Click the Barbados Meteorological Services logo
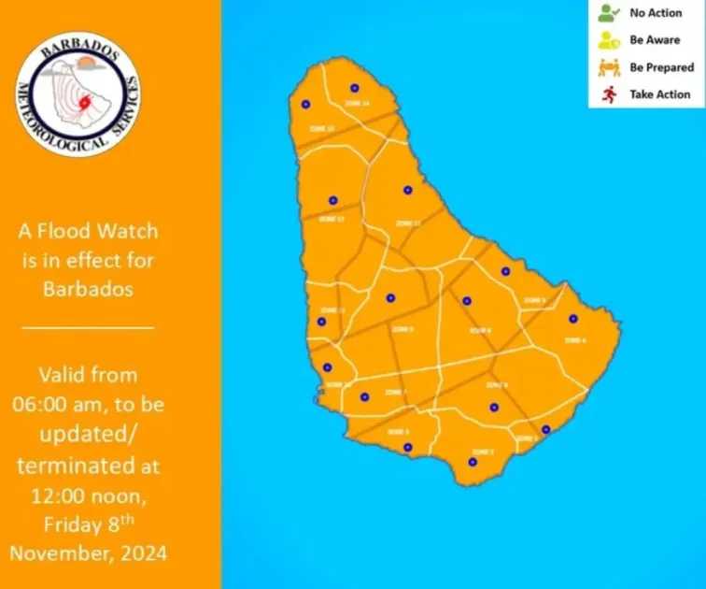pyautogui.click(x=78, y=96)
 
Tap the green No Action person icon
pyautogui.click(x=608, y=14)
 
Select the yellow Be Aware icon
pyautogui.click(x=608, y=41)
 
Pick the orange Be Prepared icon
pyautogui.click(x=608, y=67)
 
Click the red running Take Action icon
pyautogui.click(x=608, y=94)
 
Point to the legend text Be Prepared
pyautogui.click(x=661, y=67)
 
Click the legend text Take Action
pyautogui.click(x=659, y=94)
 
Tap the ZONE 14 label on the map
pyautogui.click(x=359, y=103)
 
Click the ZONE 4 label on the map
pyautogui.click(x=576, y=340)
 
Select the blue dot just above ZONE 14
pyautogui.click(x=354, y=88)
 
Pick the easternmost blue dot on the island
pyautogui.click(x=573, y=319)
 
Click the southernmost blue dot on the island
pyautogui.click(x=473, y=461)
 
